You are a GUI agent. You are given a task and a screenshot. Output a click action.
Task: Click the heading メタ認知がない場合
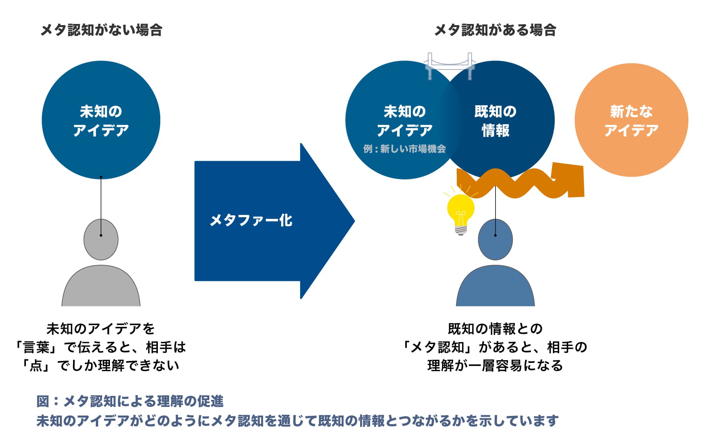tap(101, 30)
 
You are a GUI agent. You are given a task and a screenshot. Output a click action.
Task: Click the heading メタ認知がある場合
tap(495, 30)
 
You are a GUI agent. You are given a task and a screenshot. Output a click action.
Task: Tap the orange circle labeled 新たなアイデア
tap(631, 120)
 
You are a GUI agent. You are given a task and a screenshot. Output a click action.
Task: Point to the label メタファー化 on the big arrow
tap(251, 220)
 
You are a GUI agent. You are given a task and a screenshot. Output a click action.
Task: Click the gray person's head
tap(101, 240)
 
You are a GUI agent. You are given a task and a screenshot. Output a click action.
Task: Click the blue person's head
tap(495, 240)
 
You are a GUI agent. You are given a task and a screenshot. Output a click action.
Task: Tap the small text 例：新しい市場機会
tap(404, 149)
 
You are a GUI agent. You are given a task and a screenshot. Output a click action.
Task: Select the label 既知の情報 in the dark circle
tap(495, 121)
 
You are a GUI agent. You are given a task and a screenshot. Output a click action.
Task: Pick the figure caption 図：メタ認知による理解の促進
tap(130, 401)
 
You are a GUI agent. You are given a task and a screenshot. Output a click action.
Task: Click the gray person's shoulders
tap(101, 287)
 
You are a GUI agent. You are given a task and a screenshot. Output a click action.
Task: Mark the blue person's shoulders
tap(495, 287)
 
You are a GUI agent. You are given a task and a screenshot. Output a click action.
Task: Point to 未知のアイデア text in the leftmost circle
tap(101, 121)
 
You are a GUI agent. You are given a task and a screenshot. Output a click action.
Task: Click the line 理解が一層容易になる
tap(495, 366)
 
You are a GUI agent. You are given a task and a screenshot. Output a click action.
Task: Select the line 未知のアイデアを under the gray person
tap(101, 329)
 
